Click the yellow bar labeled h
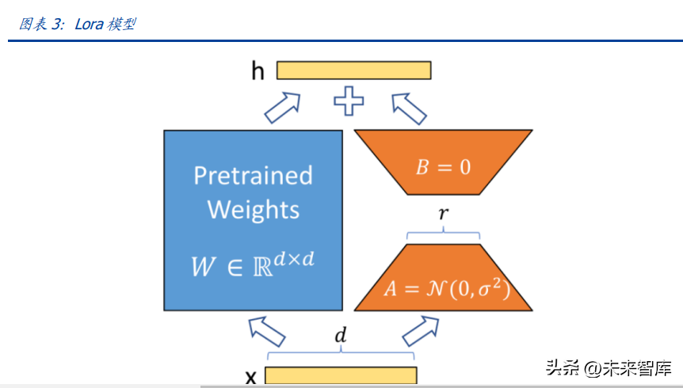[353, 70]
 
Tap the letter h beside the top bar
[258, 70]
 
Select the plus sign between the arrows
[349, 101]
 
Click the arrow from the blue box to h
[283, 108]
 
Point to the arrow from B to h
[409, 108]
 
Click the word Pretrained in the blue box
[253, 176]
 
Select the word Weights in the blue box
[253, 210]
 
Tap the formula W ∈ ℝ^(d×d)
[253, 264]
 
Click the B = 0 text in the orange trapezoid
[444, 167]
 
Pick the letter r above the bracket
[444, 213]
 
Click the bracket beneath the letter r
[444, 234]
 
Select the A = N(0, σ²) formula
[447, 288]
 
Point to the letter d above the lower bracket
[341, 335]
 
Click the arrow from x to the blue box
[266, 332]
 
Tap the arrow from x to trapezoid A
[421, 332]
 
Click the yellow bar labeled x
[341, 375]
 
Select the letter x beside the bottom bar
[251, 377]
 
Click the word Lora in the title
[89, 24]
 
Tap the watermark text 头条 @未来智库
[609, 368]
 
